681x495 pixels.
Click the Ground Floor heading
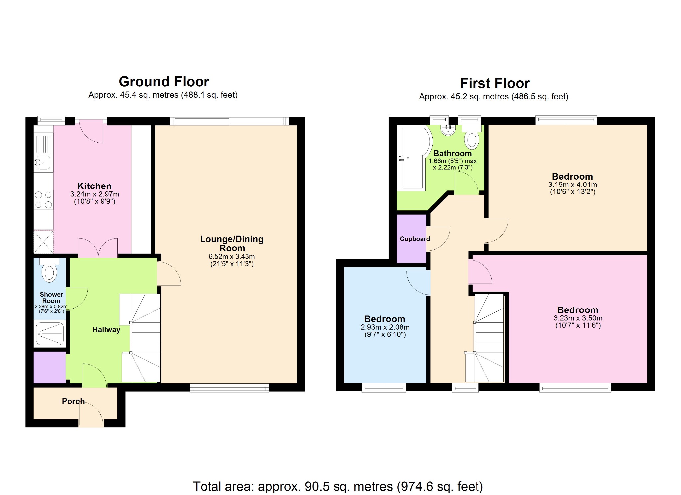click(164, 82)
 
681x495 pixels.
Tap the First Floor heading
click(494, 83)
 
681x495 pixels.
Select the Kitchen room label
click(94, 186)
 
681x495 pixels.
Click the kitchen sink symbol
click(43, 162)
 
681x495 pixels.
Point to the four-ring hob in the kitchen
click(44, 200)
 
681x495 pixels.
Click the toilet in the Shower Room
click(49, 272)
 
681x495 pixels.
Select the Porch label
click(73, 401)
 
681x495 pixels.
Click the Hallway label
click(106, 330)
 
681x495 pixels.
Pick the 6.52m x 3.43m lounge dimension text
click(232, 256)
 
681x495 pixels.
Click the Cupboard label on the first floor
click(415, 239)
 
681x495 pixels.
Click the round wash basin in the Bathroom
click(448, 130)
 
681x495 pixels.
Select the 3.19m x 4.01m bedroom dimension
click(572, 185)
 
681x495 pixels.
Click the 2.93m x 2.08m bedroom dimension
click(385, 327)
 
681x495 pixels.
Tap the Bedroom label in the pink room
click(578, 310)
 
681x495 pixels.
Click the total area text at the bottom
click(338, 486)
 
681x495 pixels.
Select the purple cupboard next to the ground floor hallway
click(50, 367)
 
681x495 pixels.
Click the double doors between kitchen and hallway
click(98, 248)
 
